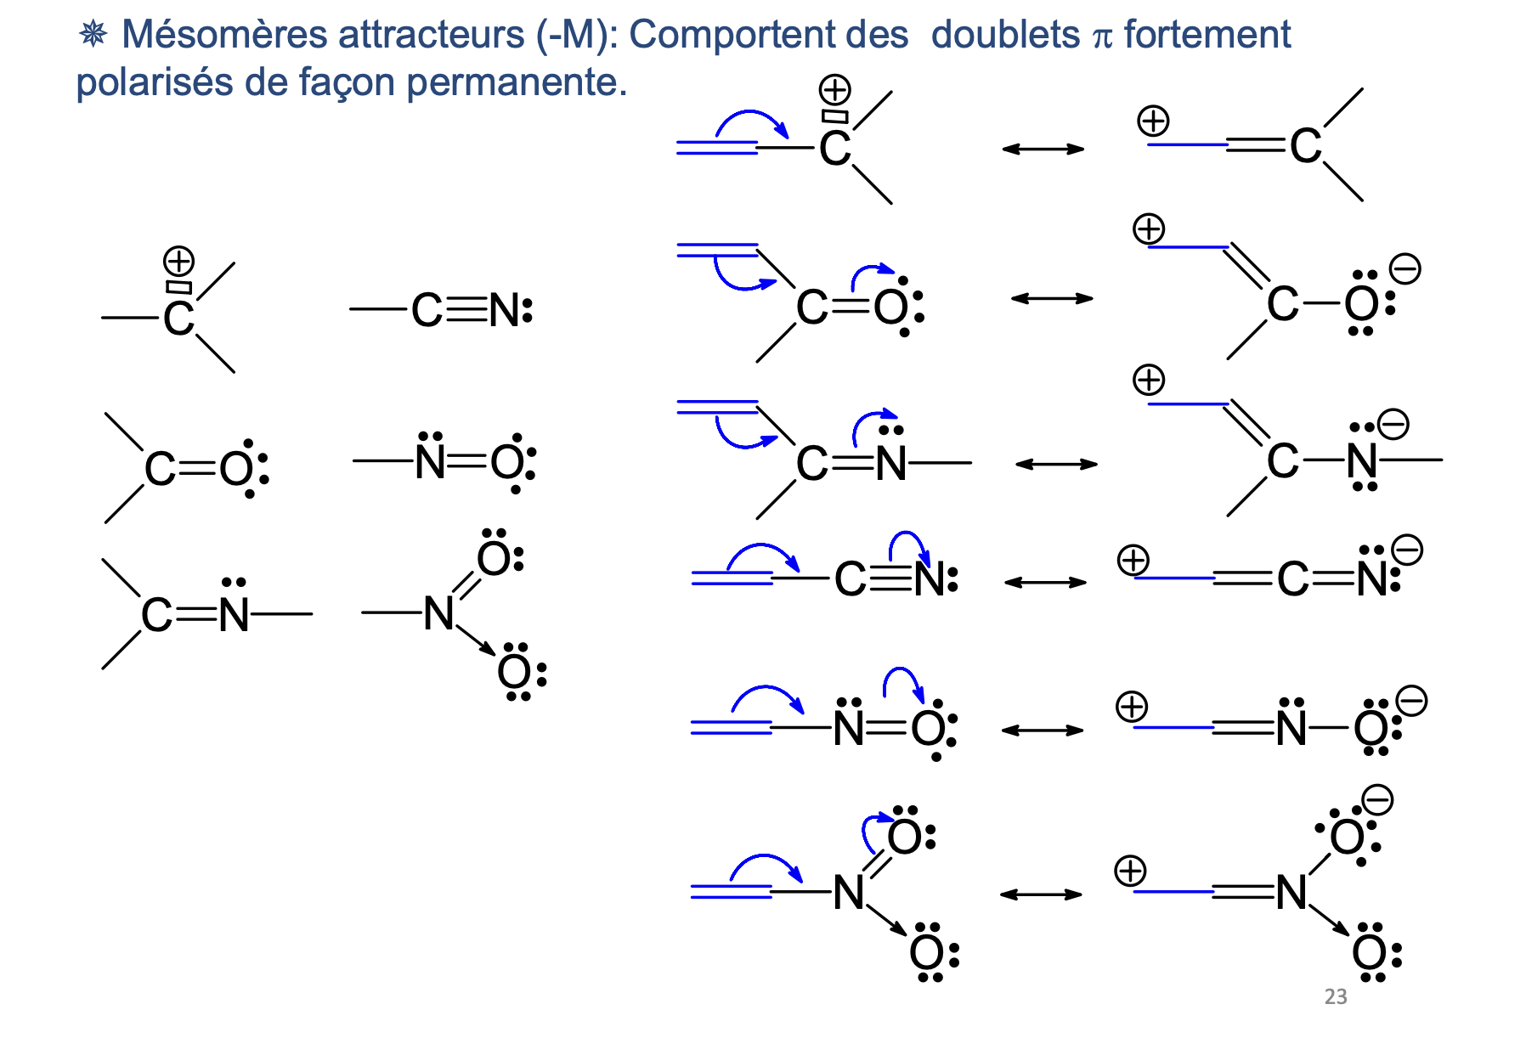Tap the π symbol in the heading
1102,37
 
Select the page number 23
1335,996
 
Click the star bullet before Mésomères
93,34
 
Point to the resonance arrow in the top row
1043,149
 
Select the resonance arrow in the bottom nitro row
1040,894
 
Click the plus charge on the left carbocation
178,260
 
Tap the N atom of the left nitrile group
505,311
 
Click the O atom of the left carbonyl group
235,469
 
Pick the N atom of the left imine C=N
234,615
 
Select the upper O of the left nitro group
494,559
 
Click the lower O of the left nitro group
514,674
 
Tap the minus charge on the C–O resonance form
1404,269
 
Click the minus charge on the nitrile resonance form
1407,550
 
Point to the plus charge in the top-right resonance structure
1153,121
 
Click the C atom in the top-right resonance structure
1305,146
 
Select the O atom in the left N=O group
508,463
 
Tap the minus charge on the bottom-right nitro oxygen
1377,800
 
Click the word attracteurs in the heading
431,35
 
